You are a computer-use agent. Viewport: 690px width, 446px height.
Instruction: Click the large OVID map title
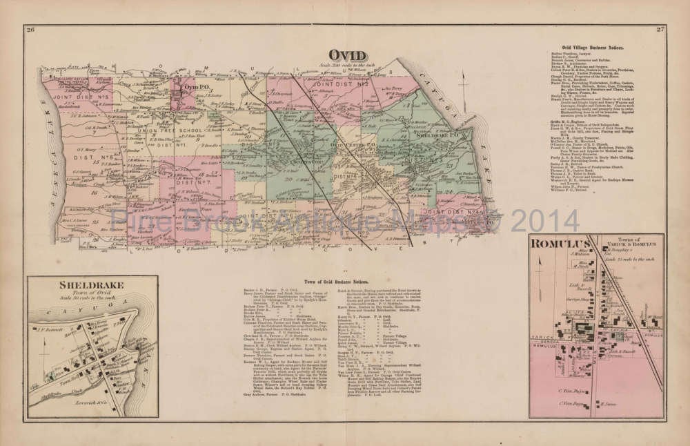click(x=346, y=55)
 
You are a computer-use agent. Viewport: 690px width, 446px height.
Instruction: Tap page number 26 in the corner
click(x=28, y=29)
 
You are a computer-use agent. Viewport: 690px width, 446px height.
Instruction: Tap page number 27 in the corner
click(x=660, y=30)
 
